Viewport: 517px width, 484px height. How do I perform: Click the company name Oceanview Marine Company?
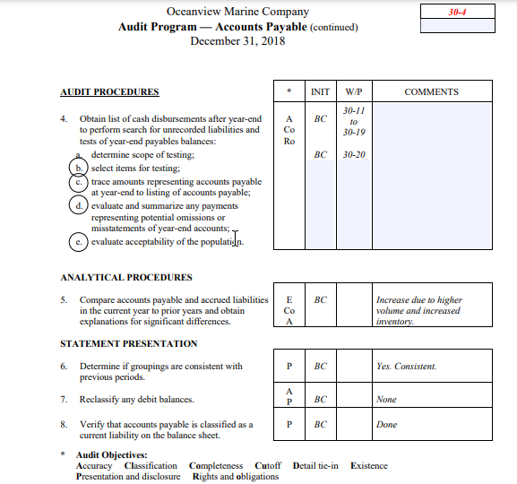click(237, 12)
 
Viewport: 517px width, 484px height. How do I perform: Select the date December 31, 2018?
click(237, 41)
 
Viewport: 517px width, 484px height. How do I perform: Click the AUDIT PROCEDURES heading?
click(109, 91)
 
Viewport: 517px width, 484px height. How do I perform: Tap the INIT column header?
click(320, 91)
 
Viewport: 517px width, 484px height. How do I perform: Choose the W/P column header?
click(353, 91)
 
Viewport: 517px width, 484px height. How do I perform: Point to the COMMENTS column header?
click(431, 91)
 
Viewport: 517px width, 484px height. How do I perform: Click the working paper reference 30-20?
click(354, 154)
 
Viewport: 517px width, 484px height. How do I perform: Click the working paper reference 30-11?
click(354, 110)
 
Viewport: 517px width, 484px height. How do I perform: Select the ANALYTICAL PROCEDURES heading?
click(125, 277)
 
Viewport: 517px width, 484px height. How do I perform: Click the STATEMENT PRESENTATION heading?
click(128, 343)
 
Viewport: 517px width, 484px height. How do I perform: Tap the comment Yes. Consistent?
click(407, 366)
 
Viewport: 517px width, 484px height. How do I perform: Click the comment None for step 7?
click(386, 400)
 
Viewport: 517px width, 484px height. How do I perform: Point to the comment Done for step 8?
click(386, 425)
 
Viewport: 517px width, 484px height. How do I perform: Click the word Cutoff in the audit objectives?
click(268, 466)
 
